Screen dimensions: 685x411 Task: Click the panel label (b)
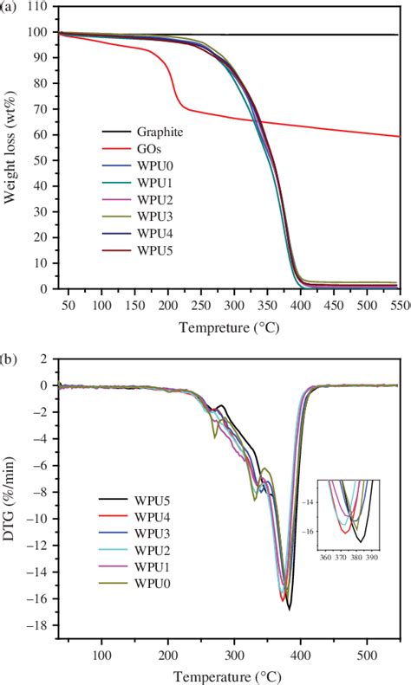(11, 355)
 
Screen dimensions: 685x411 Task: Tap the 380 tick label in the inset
(355, 559)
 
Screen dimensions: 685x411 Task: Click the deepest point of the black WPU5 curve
(289, 609)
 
